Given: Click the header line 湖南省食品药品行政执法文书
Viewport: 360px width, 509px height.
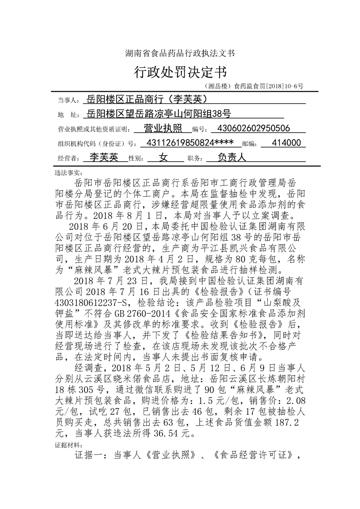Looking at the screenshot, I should click(180, 53).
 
